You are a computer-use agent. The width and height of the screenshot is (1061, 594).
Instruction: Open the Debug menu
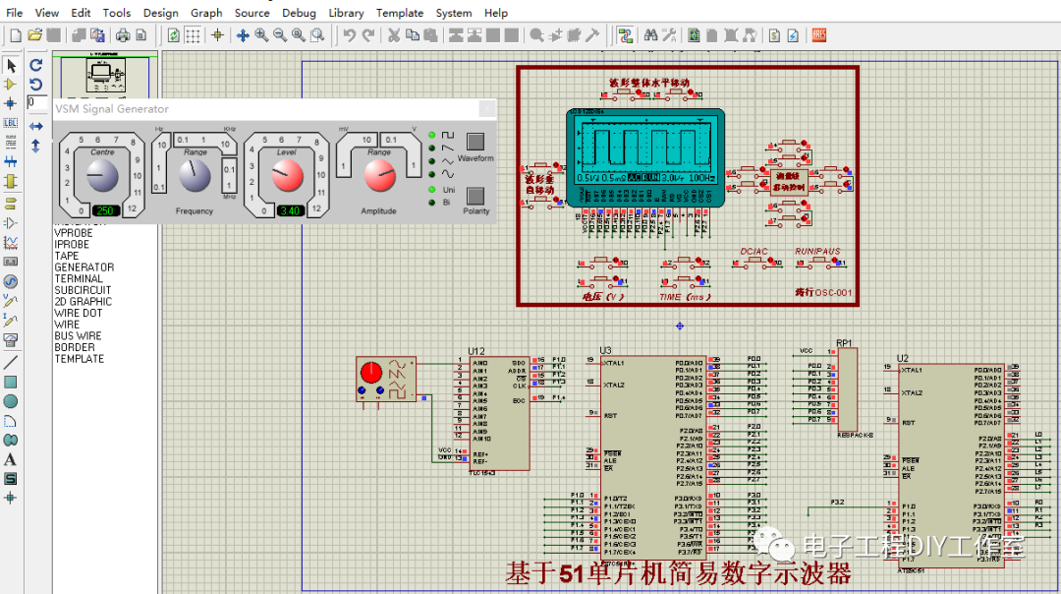pyautogui.click(x=299, y=13)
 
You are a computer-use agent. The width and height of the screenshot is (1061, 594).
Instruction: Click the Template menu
pyautogui.click(x=399, y=13)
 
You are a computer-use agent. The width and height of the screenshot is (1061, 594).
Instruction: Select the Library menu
pyautogui.click(x=346, y=13)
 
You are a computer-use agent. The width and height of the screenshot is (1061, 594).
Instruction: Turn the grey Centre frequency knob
pyautogui.click(x=101, y=177)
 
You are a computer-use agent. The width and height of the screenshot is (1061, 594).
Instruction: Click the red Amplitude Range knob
pyautogui.click(x=378, y=177)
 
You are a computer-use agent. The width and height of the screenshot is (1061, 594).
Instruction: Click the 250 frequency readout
pyautogui.click(x=105, y=210)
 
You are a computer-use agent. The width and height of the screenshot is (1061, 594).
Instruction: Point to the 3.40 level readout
pyautogui.click(x=289, y=210)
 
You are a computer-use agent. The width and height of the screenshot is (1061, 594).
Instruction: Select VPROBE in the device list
pyautogui.click(x=74, y=233)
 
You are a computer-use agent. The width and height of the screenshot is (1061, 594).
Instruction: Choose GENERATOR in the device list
pyautogui.click(x=84, y=267)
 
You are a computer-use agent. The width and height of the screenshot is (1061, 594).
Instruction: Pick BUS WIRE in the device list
pyautogui.click(x=78, y=335)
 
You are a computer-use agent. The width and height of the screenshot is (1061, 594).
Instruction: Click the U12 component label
pyautogui.click(x=476, y=351)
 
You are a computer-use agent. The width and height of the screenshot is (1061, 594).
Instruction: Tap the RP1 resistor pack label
pyautogui.click(x=844, y=343)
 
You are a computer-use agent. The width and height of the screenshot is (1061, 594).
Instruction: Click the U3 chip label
pyautogui.click(x=605, y=351)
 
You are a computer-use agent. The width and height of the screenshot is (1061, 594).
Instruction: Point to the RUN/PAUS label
pyautogui.click(x=817, y=252)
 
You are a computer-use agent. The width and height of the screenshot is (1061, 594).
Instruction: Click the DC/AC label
pyautogui.click(x=754, y=252)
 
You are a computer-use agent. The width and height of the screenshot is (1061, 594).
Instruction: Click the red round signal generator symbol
pyautogui.click(x=370, y=373)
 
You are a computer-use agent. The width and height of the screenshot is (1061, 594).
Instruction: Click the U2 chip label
pyautogui.click(x=903, y=358)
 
